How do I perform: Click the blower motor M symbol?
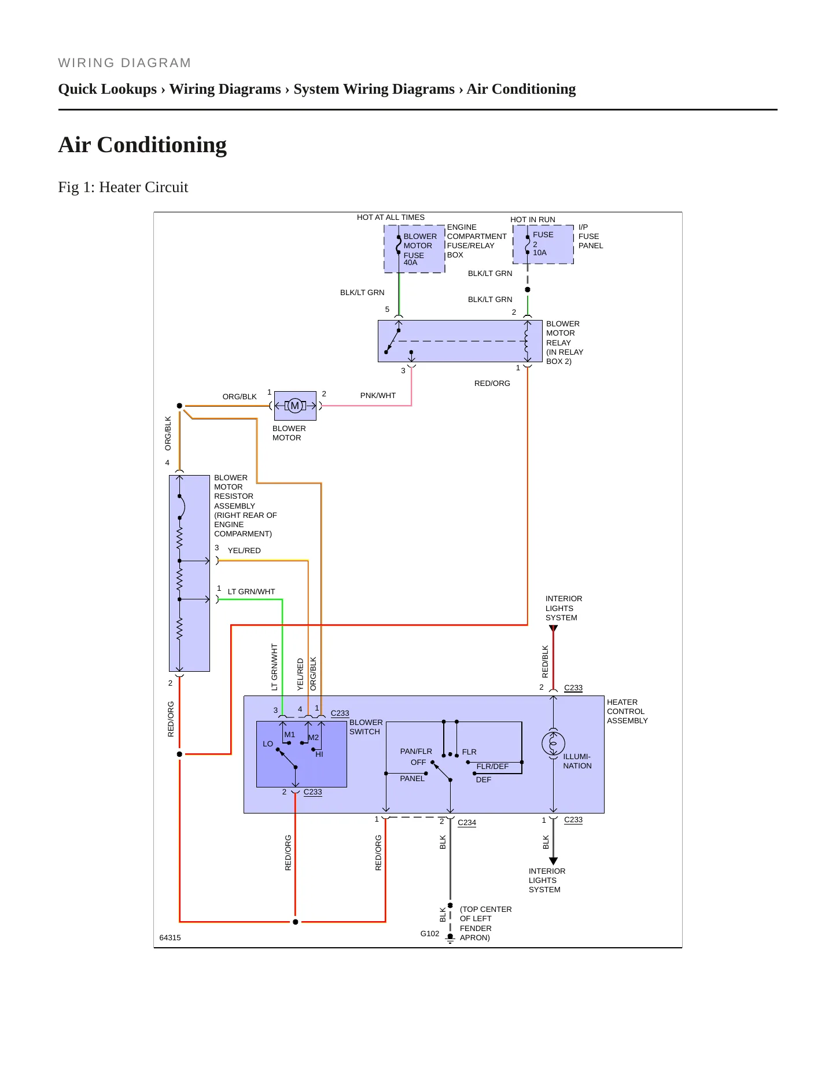(295, 406)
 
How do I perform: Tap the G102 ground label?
(430, 933)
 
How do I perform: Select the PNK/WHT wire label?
(378, 396)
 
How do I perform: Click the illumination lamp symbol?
(553, 744)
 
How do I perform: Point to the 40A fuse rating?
(410, 263)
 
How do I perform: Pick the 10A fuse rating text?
(540, 253)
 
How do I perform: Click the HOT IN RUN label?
(533, 220)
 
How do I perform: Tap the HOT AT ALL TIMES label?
(391, 218)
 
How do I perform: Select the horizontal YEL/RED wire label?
(244, 551)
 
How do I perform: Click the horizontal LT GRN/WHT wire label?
(251, 592)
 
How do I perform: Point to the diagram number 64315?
(170, 938)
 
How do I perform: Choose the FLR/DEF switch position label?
(492, 767)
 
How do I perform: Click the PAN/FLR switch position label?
(416, 752)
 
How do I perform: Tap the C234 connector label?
(467, 823)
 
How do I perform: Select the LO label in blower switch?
(268, 744)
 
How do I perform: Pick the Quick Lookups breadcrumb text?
(108, 89)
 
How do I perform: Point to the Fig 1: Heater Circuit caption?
(123, 187)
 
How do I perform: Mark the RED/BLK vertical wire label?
(545, 662)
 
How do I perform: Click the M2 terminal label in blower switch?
(314, 738)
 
